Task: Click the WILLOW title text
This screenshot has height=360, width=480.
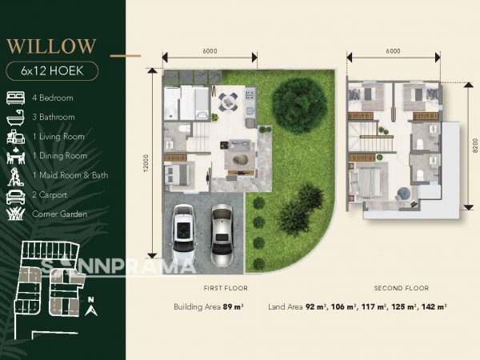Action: point(51,46)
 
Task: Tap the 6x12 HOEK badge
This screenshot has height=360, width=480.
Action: point(52,71)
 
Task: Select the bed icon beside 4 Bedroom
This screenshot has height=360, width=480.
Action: point(16,98)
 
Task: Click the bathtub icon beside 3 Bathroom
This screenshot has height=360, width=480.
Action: point(15,118)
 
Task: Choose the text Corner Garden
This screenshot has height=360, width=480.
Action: point(60,214)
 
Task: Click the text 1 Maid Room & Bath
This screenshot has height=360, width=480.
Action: point(70,175)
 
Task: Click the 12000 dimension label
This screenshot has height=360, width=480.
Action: point(146,163)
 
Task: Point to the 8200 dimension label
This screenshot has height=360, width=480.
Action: point(474,146)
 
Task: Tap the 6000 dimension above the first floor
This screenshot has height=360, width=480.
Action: point(210,51)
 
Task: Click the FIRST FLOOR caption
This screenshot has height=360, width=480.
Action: point(226,288)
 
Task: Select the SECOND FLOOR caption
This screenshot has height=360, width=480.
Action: point(402,288)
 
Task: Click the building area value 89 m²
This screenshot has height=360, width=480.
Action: point(234,306)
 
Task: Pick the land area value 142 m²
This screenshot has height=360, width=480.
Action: point(434,306)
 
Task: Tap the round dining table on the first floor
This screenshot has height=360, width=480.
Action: point(227,101)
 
